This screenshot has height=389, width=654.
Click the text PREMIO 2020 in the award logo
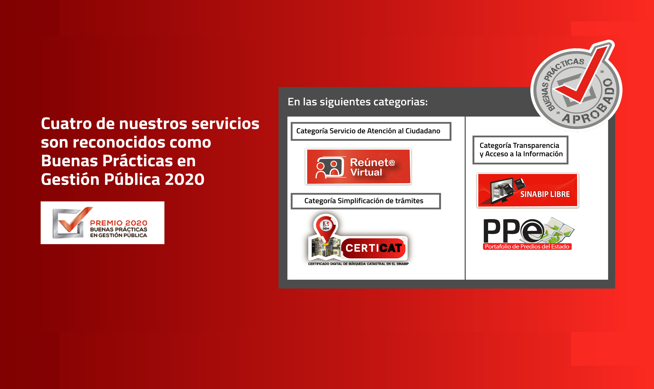[x=119, y=223]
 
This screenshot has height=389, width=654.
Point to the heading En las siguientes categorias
[x=358, y=102]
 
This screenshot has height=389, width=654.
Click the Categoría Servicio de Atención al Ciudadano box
[x=371, y=131]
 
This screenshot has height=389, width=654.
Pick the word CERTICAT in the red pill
[x=374, y=248]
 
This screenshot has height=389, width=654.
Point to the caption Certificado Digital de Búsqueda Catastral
[x=358, y=264]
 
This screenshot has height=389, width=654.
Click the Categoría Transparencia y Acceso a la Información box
[x=521, y=150]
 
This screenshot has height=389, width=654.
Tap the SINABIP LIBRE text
[x=545, y=194]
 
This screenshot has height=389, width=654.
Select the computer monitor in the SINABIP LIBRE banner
[x=502, y=191]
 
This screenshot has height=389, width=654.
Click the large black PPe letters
[x=513, y=231]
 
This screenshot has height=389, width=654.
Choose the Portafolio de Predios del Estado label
[x=527, y=247]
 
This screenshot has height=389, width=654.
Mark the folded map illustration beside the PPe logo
[x=557, y=230]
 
